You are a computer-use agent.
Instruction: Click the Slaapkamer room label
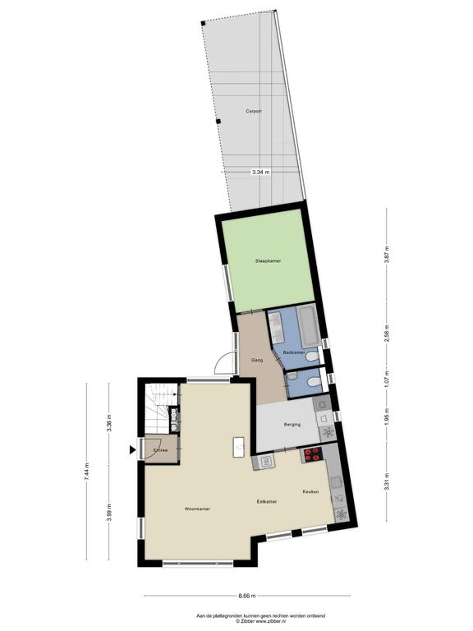tap(268, 260)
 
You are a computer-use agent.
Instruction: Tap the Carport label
tap(254, 111)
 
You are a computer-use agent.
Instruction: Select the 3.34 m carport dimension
tap(260, 172)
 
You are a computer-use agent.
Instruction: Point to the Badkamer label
tap(294, 352)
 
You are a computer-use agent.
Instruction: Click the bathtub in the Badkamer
tap(309, 326)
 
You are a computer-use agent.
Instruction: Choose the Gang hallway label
tap(257, 360)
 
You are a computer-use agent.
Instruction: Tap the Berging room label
tap(292, 424)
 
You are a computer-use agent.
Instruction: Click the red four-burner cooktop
tap(313, 454)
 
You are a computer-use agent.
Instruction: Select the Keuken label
tap(311, 492)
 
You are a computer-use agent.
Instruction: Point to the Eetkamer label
tap(267, 502)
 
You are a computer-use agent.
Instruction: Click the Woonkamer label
tap(197, 509)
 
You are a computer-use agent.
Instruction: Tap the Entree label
tap(160, 450)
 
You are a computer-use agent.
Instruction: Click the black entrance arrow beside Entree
tap(132, 450)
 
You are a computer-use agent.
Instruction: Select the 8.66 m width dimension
tap(247, 596)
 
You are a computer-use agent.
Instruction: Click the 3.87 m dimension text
tap(387, 255)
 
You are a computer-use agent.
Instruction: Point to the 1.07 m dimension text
tap(387, 379)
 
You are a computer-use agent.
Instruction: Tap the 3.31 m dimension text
tap(387, 481)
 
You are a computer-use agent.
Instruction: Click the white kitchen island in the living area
tap(239, 447)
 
